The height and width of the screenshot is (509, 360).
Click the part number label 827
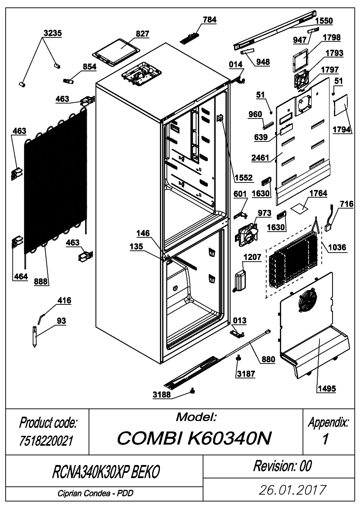pyautogui.click(x=143, y=34)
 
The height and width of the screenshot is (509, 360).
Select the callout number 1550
pyautogui.click(x=324, y=21)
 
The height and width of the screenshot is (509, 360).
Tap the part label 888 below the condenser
pyautogui.click(x=41, y=281)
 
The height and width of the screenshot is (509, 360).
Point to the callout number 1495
pyautogui.click(x=326, y=388)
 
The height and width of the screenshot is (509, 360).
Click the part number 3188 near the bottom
pyautogui.click(x=162, y=394)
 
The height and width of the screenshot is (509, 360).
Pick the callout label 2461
pyautogui.click(x=260, y=158)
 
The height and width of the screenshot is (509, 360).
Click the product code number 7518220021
pyautogui.click(x=46, y=441)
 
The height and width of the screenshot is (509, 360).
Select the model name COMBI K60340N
pyautogui.click(x=194, y=438)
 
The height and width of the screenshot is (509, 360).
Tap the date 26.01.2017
pyautogui.click(x=292, y=490)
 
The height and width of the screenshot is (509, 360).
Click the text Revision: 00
pyautogui.click(x=282, y=466)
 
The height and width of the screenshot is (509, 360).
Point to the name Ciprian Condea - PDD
pyautogui.click(x=95, y=493)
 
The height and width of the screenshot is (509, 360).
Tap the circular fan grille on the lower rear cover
pyautogui.click(x=308, y=300)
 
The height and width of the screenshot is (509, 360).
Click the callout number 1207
pyautogui.click(x=252, y=257)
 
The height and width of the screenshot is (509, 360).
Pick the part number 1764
pyautogui.click(x=318, y=193)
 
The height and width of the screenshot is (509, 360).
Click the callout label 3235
pyautogui.click(x=53, y=33)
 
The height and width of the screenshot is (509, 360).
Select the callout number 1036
pyautogui.click(x=337, y=247)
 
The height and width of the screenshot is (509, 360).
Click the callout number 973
pyautogui.click(x=265, y=213)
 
